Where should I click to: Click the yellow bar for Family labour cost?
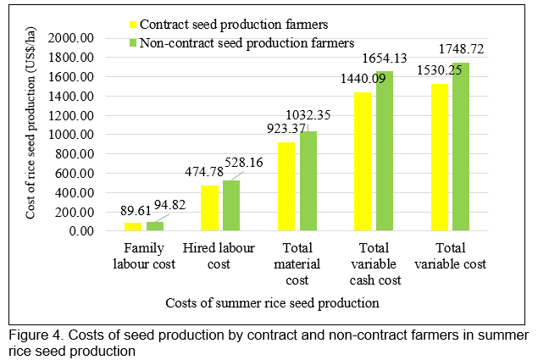tap(133, 226)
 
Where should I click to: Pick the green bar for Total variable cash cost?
tap(385, 151)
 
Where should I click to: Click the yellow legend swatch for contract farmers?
tap(132, 25)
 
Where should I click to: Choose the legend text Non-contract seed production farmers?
tap(246, 42)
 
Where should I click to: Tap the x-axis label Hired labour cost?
tap(219, 257)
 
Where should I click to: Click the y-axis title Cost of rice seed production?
tap(31, 134)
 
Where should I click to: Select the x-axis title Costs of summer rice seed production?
tap(283, 302)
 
